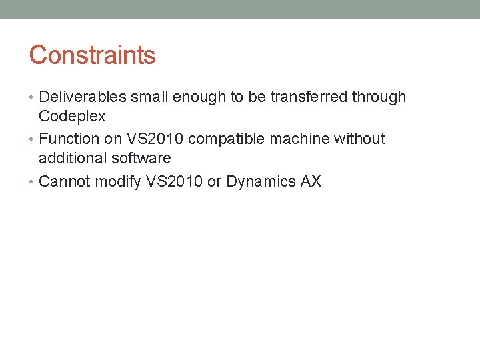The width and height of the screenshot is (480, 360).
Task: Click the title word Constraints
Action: point(92,55)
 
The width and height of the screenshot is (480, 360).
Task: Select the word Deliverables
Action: point(83,97)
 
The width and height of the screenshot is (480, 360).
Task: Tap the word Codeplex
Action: point(72,116)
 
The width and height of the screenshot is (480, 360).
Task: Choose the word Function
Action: point(68,139)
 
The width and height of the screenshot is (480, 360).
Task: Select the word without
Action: point(360,139)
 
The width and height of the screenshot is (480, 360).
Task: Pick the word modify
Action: point(117,181)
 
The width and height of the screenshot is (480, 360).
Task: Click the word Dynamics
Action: point(261,181)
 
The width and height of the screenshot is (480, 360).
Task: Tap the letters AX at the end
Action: point(311,181)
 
